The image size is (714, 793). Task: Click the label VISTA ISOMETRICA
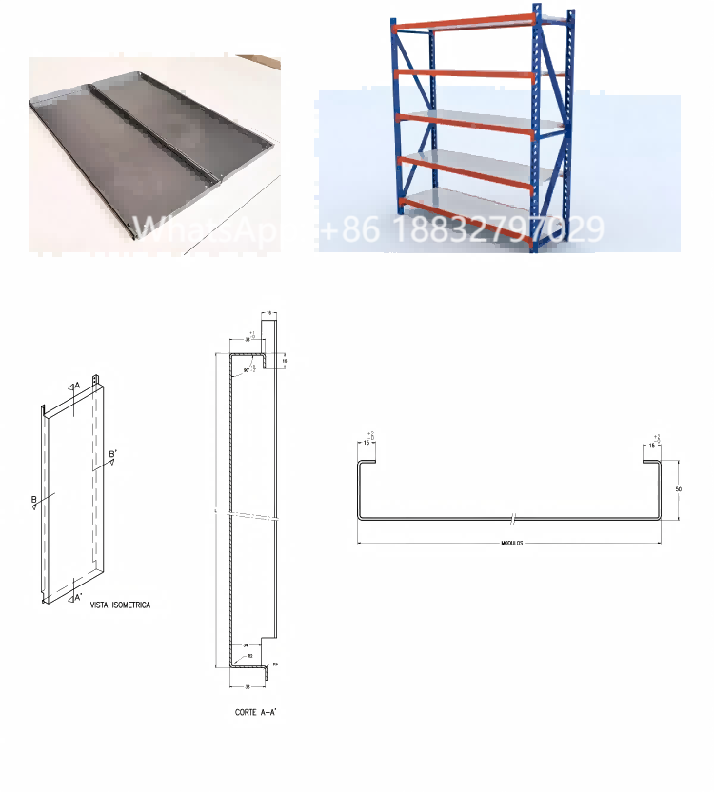point(119,605)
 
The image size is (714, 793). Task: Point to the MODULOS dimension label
point(511,543)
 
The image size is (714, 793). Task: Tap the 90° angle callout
point(246,369)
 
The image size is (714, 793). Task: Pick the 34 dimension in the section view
point(247,644)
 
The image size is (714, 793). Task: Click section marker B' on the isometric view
point(112,457)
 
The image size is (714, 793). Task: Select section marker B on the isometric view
point(33,501)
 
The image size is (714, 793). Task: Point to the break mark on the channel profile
point(512,519)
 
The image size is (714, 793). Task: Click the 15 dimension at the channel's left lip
point(367,444)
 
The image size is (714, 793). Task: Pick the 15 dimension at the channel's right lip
point(652,444)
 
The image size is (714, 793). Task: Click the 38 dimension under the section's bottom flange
point(247,684)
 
